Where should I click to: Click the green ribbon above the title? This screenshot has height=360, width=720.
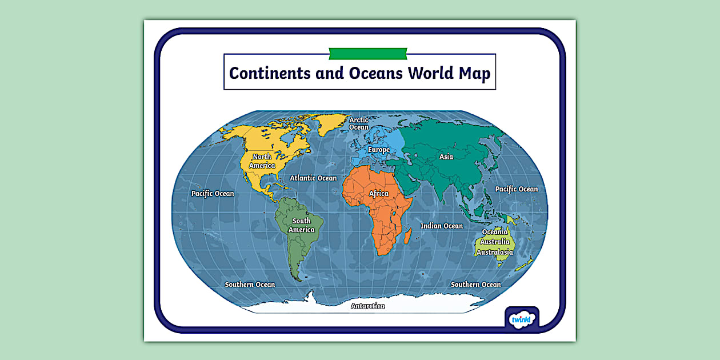(x=368, y=53)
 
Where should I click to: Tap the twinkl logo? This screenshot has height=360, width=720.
(x=521, y=319)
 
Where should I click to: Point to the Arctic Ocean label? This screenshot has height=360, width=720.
(x=359, y=123)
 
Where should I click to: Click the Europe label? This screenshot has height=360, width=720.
(x=378, y=150)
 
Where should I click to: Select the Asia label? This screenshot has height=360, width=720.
(x=446, y=157)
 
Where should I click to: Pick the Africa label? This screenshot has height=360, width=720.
(x=378, y=194)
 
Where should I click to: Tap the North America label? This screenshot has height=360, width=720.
(x=262, y=161)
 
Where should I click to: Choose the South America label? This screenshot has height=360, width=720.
(x=301, y=225)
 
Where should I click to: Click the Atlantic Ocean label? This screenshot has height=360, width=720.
(x=313, y=178)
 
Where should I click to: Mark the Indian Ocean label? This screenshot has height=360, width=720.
(x=442, y=226)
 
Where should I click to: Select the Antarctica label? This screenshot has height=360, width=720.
(x=367, y=306)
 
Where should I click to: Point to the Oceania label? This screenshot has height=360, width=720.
(x=495, y=232)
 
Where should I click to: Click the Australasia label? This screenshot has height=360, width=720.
(x=495, y=252)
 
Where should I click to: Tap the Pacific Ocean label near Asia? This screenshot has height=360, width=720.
(x=516, y=189)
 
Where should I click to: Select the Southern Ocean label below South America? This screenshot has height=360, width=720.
(x=250, y=285)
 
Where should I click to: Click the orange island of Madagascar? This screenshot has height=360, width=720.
(x=408, y=234)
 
